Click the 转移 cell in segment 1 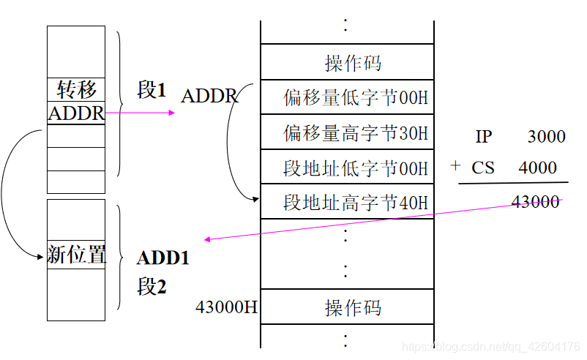tap(76, 90)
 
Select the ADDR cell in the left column tap(76, 113)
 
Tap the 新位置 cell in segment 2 tap(76, 255)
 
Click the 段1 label tap(152, 90)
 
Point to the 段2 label tap(152, 286)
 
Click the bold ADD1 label tap(162, 258)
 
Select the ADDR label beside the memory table tap(209, 96)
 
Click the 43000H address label tap(226, 307)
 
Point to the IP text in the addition tap(483, 137)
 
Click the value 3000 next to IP tap(546, 137)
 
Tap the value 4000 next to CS tap(538, 168)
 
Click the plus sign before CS tap(455, 166)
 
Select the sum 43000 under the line tap(536, 202)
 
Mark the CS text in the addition tap(483, 168)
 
